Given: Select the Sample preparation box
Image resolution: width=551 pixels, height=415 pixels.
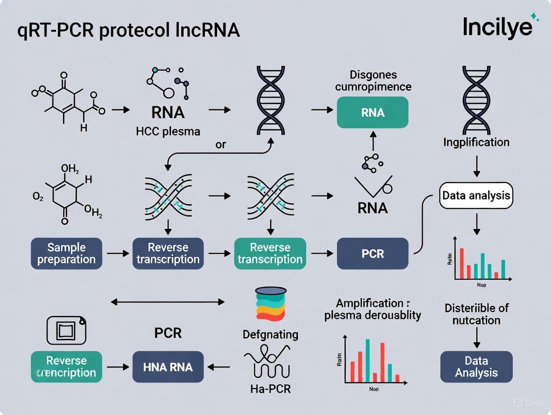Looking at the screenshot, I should coord(66,253).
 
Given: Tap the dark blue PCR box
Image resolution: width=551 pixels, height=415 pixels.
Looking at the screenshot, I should coord(373,253).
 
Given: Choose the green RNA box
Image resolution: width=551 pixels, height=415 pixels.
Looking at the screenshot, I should coord(373,112).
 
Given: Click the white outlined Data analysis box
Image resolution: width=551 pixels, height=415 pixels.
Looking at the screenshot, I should coord(476,195).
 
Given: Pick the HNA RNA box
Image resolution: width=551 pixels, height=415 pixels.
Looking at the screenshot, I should coord(168,367).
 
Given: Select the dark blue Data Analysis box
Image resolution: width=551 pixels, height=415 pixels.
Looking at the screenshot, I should coord(476,367).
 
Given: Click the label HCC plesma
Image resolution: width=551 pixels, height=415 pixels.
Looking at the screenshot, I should coord(168,132).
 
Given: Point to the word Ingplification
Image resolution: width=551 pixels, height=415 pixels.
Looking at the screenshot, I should coord(476,142).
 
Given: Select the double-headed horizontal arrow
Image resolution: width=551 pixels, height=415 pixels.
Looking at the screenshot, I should coord(168,302).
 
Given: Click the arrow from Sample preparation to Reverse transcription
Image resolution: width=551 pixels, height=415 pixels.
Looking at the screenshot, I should coord(117,254).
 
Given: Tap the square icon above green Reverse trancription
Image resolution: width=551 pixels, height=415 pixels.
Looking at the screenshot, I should coord(66,330).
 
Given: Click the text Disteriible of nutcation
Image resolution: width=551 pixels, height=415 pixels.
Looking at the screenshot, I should coord(476,314).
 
